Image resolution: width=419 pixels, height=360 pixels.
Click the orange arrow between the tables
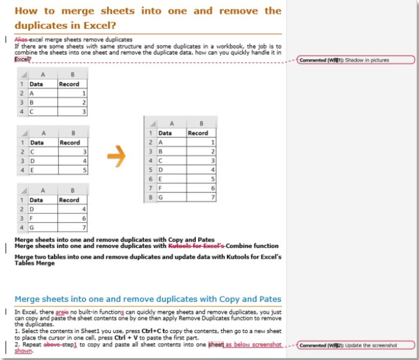pyautogui.click(x=116, y=156)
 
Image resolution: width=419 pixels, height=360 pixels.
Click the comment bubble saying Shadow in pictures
pyautogui.click(x=356, y=60)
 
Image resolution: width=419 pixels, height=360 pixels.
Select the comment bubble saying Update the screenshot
pyautogui.click(x=356, y=345)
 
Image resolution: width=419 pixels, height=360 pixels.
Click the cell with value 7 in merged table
pyautogui.click(x=201, y=197)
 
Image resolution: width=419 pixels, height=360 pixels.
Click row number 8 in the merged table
pyautogui.click(x=151, y=197)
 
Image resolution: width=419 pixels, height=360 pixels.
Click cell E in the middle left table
pyautogui.click(x=43, y=170)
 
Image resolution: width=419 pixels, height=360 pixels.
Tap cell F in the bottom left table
pyautogui.click(x=43, y=218)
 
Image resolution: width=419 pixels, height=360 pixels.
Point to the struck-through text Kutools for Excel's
pyautogui.click(x=196, y=246)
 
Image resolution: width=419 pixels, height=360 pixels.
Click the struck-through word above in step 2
pyautogui.click(x=50, y=345)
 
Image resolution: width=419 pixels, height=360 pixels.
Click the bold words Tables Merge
pyautogui.click(x=34, y=263)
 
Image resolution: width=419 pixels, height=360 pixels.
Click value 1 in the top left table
pyautogui.click(x=84, y=93)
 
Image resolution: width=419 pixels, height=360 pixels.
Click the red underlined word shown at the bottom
pyautogui.click(x=23, y=351)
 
